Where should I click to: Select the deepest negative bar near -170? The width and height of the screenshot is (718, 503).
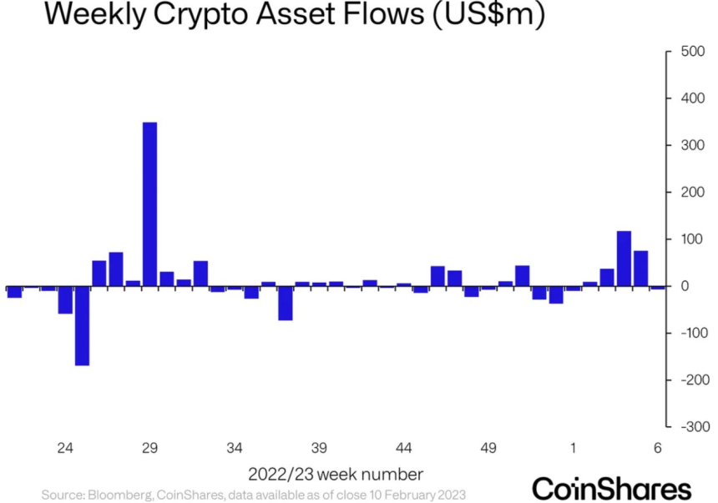[x=82, y=326]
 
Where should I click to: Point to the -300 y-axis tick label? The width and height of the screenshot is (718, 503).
[x=691, y=426]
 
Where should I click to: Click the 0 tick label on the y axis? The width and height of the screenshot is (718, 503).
[x=683, y=286]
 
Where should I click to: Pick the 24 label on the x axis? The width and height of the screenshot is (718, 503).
[x=65, y=448]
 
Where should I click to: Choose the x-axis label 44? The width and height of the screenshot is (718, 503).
[x=404, y=448]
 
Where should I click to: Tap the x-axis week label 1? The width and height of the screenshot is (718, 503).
[x=574, y=448]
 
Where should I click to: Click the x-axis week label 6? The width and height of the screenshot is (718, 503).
[x=658, y=448]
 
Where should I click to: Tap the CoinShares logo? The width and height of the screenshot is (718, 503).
[x=612, y=487]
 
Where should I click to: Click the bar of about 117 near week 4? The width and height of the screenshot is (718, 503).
[x=624, y=259]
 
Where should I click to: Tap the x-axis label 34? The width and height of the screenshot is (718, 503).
[x=235, y=448]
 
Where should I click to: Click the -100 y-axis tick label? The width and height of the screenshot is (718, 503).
[x=691, y=333]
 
